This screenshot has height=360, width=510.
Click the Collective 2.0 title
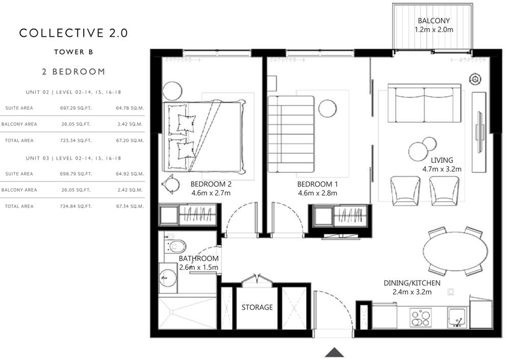(x=73, y=33)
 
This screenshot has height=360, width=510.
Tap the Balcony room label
(x=434, y=20)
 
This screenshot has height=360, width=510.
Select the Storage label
(x=257, y=307)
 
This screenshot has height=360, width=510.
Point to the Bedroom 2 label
(x=211, y=184)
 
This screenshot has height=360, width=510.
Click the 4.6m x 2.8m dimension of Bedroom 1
(x=317, y=193)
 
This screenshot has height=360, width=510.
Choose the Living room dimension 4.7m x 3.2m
(x=442, y=169)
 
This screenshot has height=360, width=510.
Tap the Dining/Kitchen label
(x=412, y=283)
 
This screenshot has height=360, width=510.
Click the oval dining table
(x=455, y=251)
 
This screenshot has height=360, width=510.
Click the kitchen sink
(x=457, y=318)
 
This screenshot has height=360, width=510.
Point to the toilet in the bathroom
(x=174, y=246)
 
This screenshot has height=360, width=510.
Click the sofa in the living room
(x=424, y=103)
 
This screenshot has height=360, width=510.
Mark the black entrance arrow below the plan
(x=335, y=352)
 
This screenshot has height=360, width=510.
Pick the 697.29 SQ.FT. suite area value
(x=76, y=108)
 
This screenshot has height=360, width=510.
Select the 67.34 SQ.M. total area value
(x=130, y=206)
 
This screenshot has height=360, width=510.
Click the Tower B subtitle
(x=73, y=52)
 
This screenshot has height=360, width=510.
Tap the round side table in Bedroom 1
(x=327, y=108)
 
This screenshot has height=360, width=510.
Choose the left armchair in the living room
(x=405, y=191)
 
